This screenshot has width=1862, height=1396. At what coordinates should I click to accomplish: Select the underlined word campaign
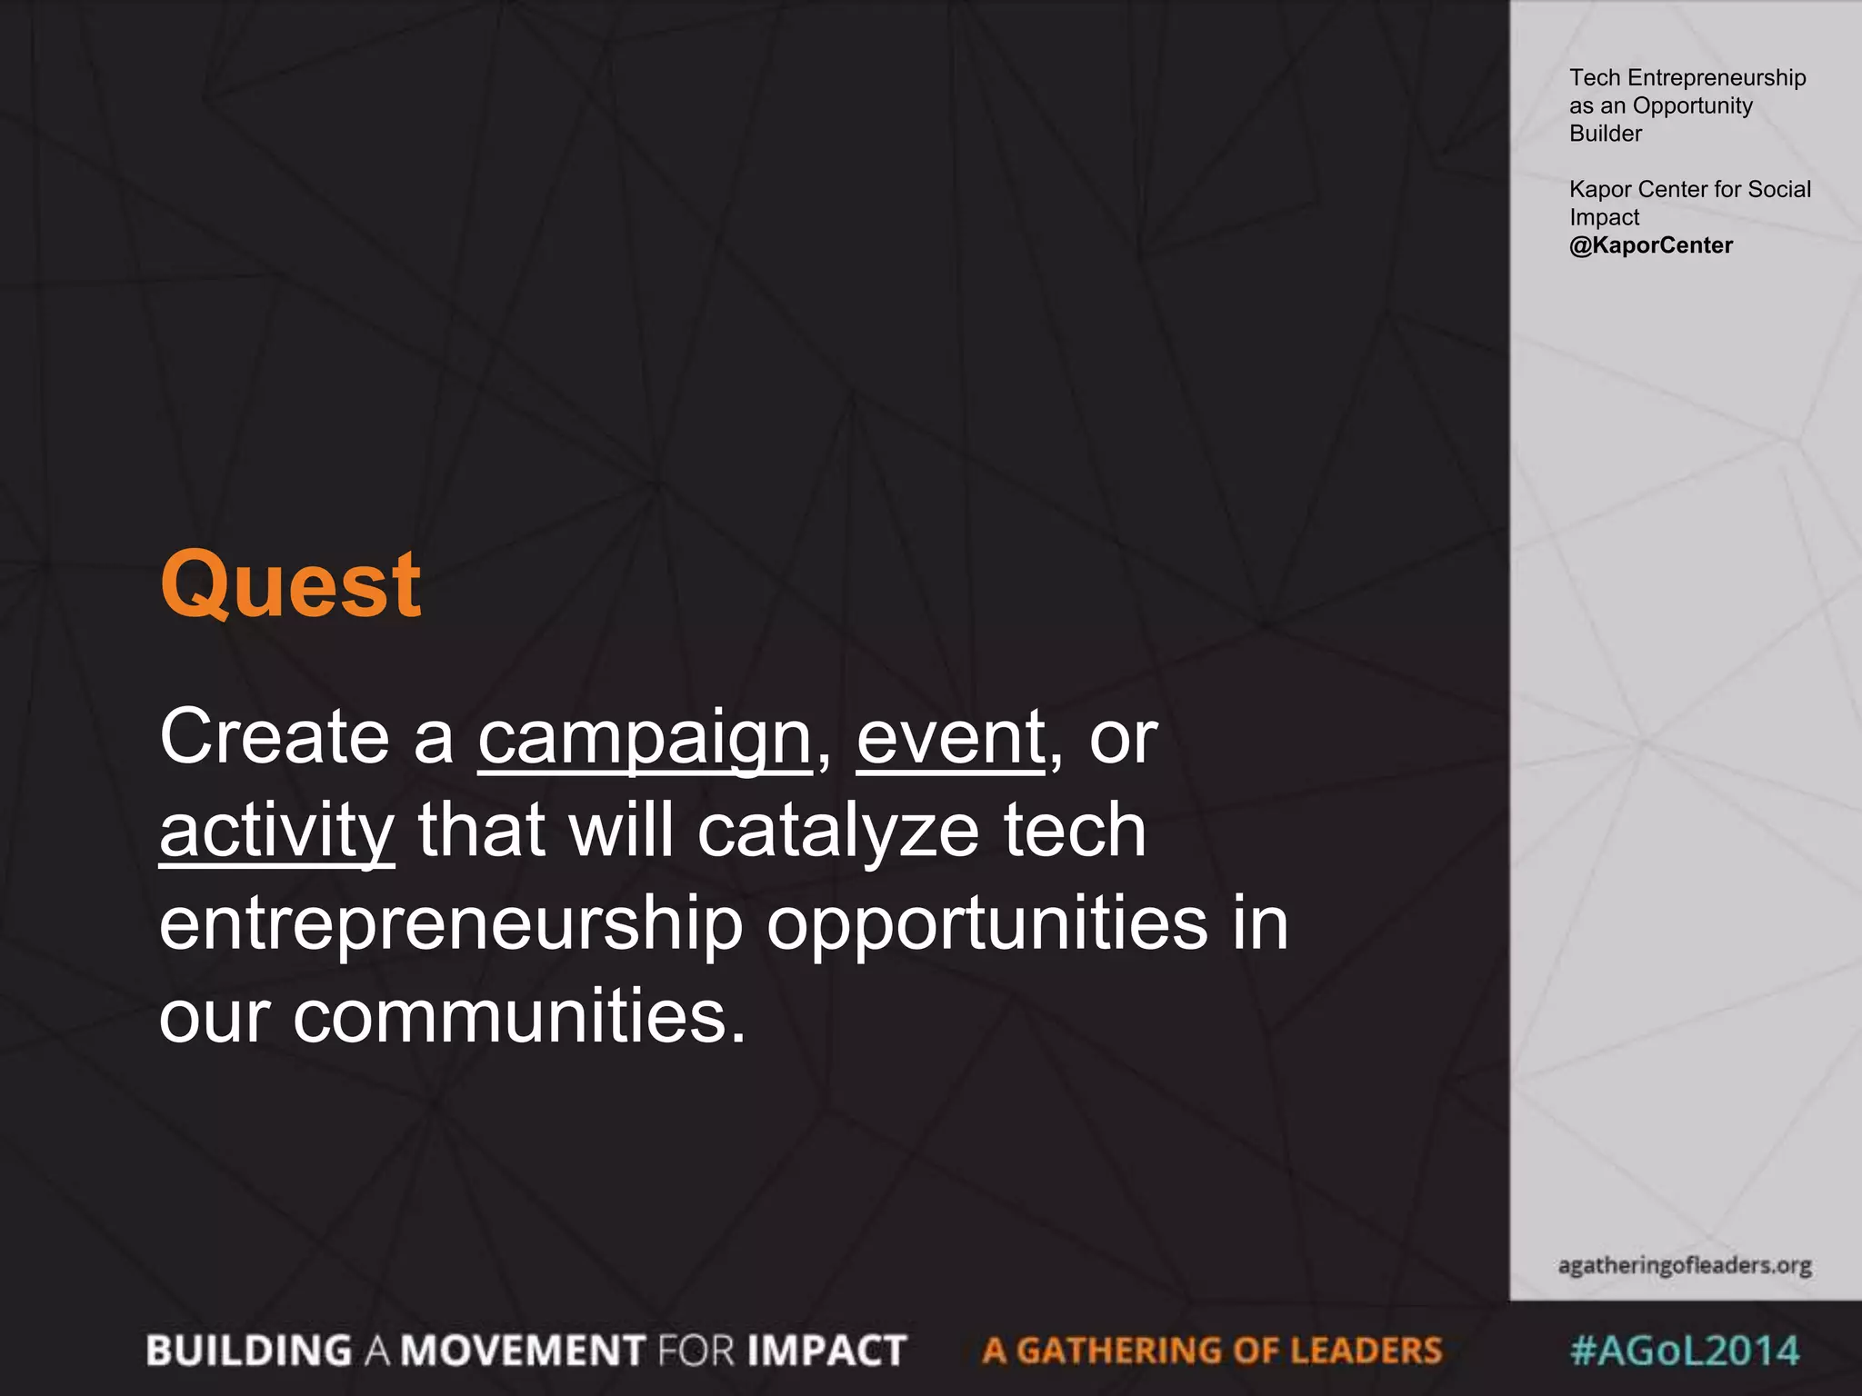645,738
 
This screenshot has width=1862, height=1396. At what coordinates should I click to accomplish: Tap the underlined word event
950,737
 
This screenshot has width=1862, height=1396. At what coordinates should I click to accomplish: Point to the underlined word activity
276,831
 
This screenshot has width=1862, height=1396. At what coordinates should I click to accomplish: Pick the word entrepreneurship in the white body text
451,924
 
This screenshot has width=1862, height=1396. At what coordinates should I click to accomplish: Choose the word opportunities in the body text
987,924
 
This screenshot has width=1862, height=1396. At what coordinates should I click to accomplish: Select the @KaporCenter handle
1650,245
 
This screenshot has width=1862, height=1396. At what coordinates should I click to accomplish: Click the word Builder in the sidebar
1606,134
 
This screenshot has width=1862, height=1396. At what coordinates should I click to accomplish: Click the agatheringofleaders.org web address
1685,1265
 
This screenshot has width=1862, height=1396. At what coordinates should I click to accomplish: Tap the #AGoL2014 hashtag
1685,1350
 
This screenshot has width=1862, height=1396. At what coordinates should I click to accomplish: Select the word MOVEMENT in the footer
524,1351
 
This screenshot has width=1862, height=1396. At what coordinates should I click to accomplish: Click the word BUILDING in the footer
249,1351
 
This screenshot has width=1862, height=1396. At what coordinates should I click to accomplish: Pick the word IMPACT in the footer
827,1351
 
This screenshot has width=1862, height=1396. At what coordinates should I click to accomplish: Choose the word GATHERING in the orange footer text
1119,1351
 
